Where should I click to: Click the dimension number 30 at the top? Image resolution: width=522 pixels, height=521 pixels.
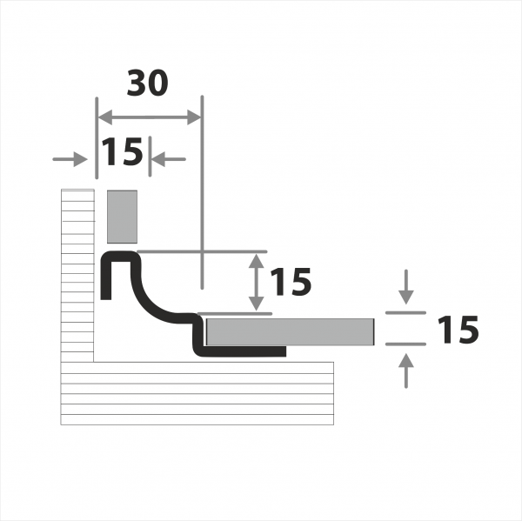coord(148,83)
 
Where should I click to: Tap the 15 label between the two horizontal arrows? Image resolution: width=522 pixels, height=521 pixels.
coord(122,151)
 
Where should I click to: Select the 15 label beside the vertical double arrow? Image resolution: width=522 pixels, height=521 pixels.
coord(291,282)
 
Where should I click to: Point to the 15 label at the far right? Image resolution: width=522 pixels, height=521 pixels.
coord(458,330)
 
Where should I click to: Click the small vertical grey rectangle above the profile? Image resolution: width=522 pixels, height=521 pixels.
coord(122,217)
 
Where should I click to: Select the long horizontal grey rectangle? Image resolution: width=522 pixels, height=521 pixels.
coord(290,332)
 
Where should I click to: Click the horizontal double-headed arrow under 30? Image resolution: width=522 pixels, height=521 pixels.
coord(150,117)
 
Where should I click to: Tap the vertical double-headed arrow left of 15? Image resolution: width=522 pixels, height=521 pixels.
coord(257,283)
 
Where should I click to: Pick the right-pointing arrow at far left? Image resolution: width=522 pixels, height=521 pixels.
coord(70,159)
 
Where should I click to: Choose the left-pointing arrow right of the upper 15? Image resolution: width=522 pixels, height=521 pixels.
coord(169,159)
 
